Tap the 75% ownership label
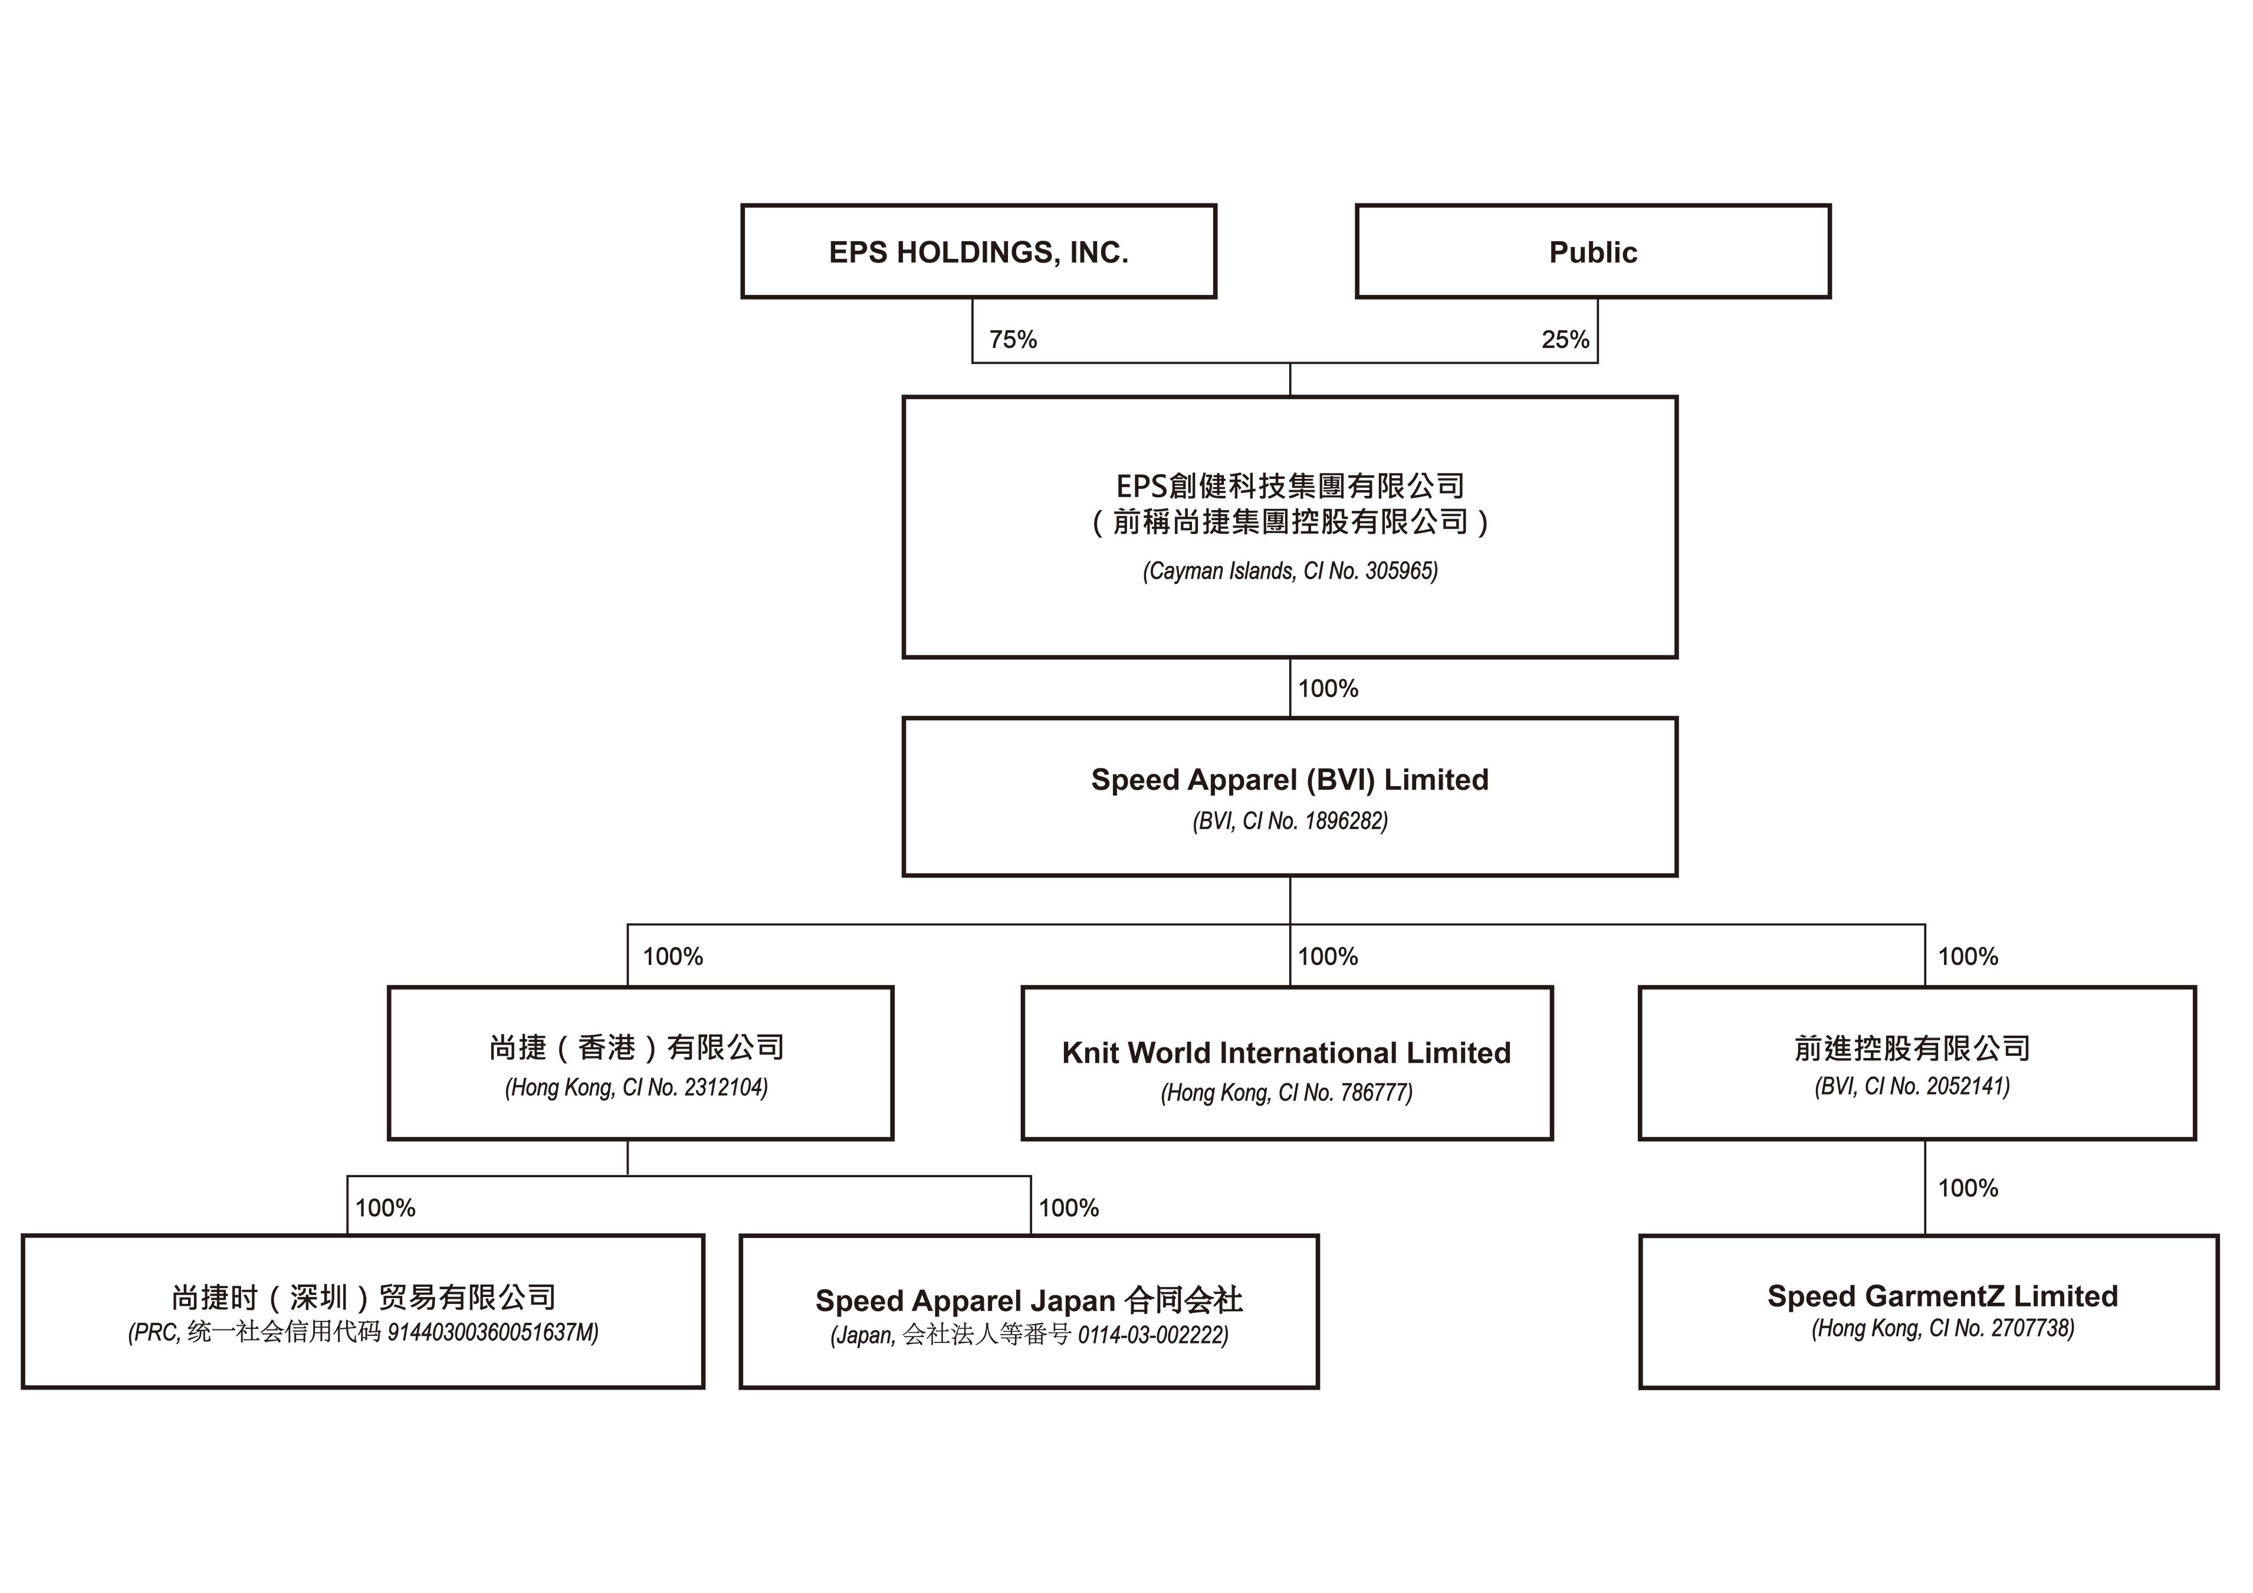click(x=1013, y=340)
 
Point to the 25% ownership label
click(x=1565, y=340)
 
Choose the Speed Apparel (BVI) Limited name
click(x=1289, y=779)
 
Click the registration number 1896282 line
click(x=1289, y=820)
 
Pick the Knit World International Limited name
click(x=1286, y=1052)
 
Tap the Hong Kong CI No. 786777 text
click(x=1286, y=1092)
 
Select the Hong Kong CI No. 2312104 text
click(x=636, y=1088)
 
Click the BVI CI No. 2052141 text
click(x=1912, y=1086)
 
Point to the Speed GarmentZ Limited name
click(x=1942, y=1296)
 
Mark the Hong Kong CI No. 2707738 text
click(x=1942, y=1328)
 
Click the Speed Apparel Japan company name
click(x=1029, y=1300)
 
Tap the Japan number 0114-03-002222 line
click(x=1029, y=1335)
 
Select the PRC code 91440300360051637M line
click(x=363, y=1332)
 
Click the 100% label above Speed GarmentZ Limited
click(x=1968, y=1188)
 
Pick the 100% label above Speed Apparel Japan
click(x=1069, y=1207)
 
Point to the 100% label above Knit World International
click(x=1328, y=956)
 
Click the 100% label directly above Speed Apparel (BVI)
click(x=1328, y=688)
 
